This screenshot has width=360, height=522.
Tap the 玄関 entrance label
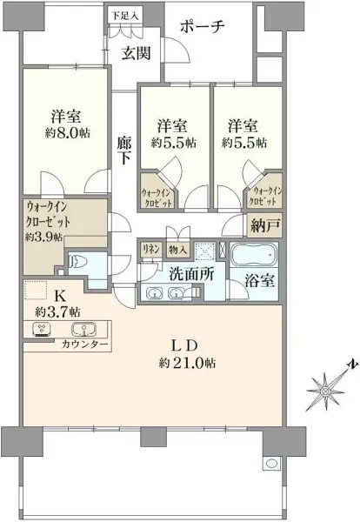click(136, 53)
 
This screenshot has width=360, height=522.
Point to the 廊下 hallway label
click(125, 151)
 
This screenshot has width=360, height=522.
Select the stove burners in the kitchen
click(40, 330)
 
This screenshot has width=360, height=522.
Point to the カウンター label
click(85, 345)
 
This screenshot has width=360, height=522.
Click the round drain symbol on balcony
click(271, 463)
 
